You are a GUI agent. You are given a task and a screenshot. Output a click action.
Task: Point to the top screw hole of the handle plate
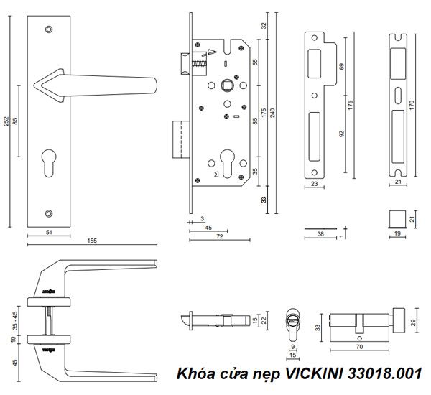coord(48,29)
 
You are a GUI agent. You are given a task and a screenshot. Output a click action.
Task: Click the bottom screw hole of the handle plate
coord(48,213)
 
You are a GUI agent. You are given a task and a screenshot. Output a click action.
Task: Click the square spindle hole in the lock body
coord(226,83)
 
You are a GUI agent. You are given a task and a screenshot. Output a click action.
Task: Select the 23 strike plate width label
coord(315,185)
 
